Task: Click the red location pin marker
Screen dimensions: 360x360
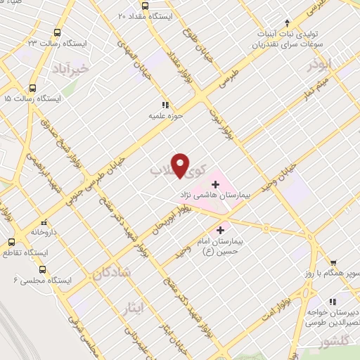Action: tap(181, 164)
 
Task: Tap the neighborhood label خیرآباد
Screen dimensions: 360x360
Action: tap(72, 69)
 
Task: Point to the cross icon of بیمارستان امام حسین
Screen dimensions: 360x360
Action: tap(220, 230)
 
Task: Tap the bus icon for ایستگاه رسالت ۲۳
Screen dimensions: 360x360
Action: tap(57, 33)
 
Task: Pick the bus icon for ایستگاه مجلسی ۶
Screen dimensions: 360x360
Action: tap(43, 269)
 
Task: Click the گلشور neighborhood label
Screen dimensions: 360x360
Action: tap(334, 343)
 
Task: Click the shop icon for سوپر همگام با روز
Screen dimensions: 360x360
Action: tap(333, 261)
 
